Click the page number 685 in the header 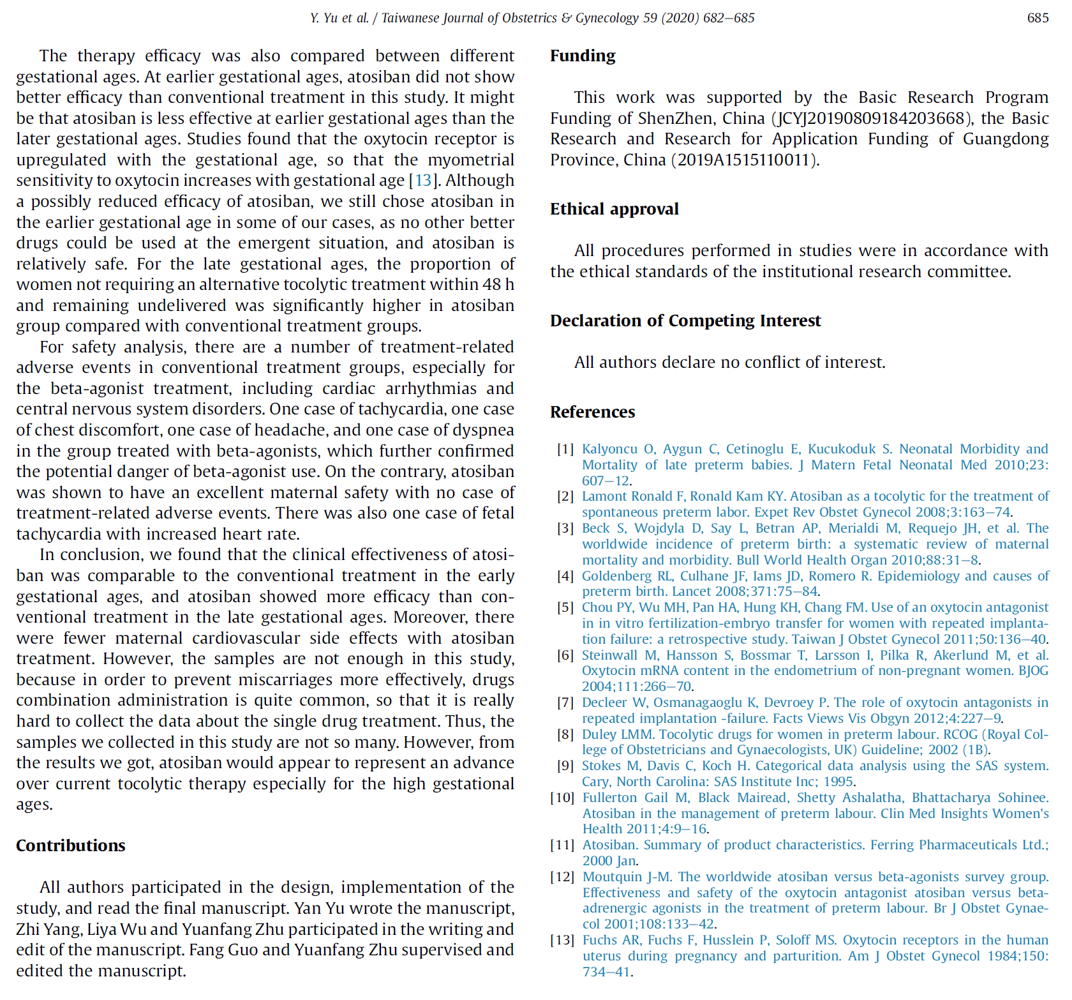[1038, 18]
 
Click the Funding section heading [583, 56]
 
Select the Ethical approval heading [614, 209]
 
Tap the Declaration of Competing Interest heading [685, 321]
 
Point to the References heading [592, 413]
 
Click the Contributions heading [70, 846]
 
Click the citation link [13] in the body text [423, 181]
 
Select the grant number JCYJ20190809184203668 [872, 119]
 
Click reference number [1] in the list [565, 450]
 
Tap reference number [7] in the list [565, 703]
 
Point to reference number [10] [562, 798]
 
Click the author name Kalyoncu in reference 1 [609, 450]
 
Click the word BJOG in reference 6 [1033, 671]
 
